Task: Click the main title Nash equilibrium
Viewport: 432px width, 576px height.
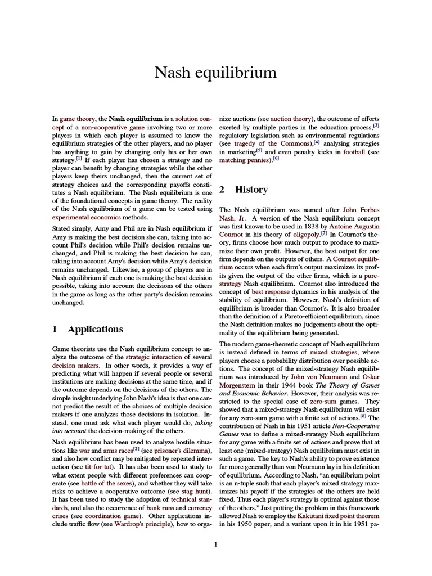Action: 216,73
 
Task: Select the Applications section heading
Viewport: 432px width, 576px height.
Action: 94,329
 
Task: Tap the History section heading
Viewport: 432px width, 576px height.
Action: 251,190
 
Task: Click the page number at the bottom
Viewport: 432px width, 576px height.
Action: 216,544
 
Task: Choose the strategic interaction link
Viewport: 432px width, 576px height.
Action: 154,357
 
